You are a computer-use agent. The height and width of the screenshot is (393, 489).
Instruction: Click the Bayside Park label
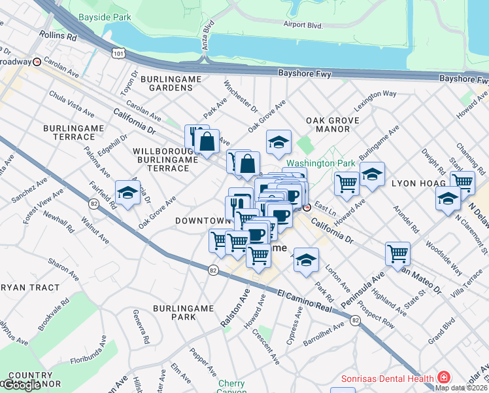(x=104, y=17)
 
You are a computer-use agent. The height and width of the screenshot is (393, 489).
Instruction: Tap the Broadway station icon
(x=37, y=62)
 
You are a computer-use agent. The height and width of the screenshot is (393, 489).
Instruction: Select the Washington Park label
(x=320, y=163)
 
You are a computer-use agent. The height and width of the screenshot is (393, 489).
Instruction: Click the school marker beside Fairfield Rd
(x=127, y=193)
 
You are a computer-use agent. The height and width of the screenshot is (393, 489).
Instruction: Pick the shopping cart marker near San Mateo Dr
(x=397, y=253)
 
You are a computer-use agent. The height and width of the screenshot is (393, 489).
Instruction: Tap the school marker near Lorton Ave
(x=305, y=259)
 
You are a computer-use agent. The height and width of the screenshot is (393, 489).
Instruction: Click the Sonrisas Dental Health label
(x=388, y=379)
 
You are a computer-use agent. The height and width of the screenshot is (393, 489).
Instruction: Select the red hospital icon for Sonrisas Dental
(x=444, y=378)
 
